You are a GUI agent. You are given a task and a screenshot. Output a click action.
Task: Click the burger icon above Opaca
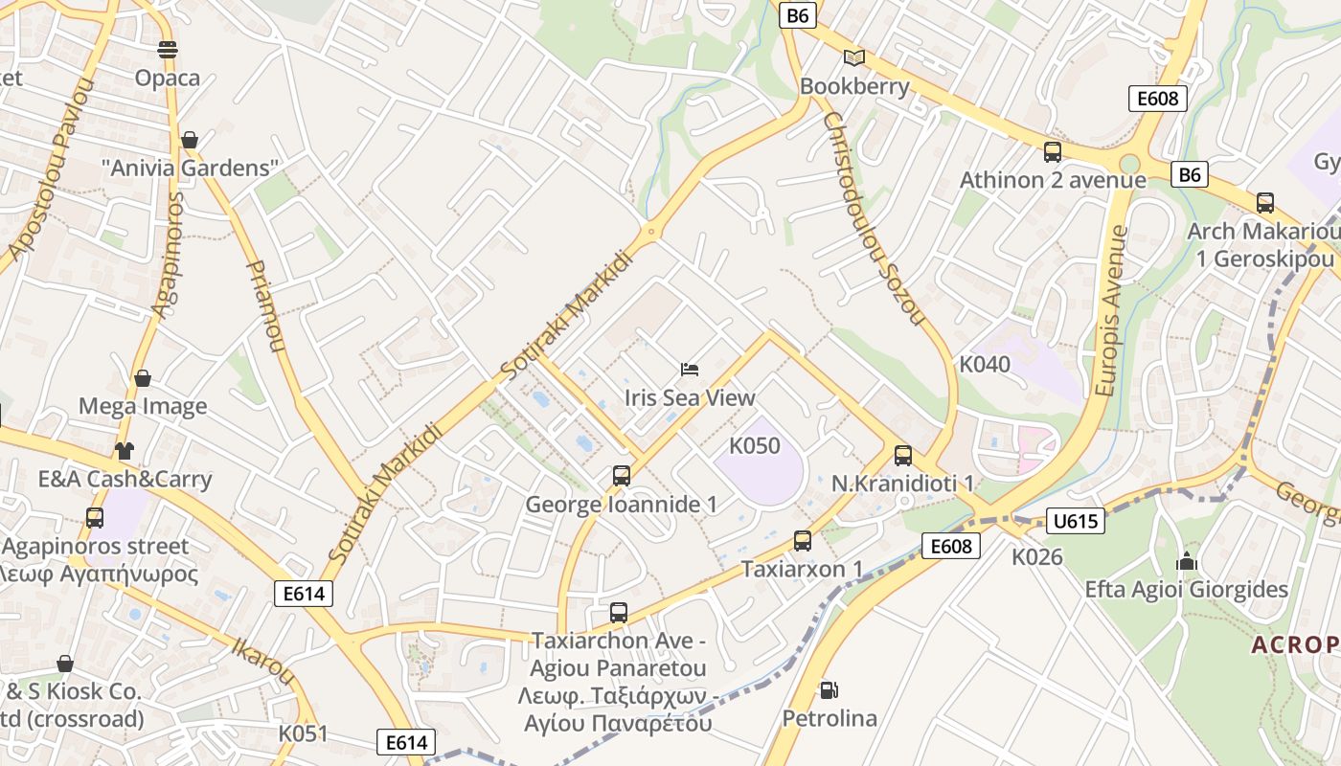168,49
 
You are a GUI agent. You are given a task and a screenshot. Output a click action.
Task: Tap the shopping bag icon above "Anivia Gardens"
190,140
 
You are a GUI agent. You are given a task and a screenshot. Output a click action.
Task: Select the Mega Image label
143,406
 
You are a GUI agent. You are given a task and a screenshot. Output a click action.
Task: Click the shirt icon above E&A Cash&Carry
124,450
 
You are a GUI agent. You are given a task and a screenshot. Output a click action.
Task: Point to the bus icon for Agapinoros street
95,518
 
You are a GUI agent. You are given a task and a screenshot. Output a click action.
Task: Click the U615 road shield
1076,521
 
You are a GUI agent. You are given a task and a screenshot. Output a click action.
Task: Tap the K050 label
755,446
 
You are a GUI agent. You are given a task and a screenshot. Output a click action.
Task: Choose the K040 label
985,364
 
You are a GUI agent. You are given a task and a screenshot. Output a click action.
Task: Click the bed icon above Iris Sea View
690,369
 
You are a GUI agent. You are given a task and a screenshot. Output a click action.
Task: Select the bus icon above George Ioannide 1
622,475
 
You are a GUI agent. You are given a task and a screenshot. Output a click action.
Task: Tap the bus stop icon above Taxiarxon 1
803,540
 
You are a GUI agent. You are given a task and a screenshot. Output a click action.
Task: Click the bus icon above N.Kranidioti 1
903,456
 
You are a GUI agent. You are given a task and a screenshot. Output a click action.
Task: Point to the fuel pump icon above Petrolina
829,689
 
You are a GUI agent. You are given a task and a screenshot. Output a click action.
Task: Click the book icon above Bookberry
854,57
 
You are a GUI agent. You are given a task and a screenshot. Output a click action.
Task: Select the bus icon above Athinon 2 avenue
1053,151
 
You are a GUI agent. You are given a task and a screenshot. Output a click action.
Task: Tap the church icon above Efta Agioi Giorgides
1187,561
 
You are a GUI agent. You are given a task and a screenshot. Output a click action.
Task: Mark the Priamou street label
267,305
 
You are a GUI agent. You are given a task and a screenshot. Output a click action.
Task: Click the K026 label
1037,556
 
